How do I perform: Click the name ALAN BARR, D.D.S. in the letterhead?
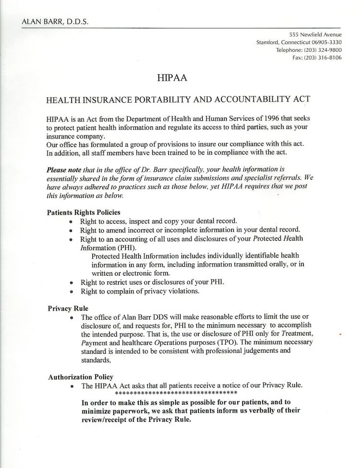(x=55, y=22)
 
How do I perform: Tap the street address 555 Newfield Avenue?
(x=315, y=35)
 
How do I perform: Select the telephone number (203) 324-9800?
(x=324, y=50)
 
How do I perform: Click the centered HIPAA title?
(x=172, y=77)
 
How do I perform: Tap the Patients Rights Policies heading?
(x=84, y=212)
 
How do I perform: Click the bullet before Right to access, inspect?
(x=71, y=222)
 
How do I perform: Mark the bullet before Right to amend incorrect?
(x=71, y=231)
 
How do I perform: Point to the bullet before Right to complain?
(x=71, y=291)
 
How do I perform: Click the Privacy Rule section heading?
(x=68, y=308)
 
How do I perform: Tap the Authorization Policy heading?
(x=81, y=377)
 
